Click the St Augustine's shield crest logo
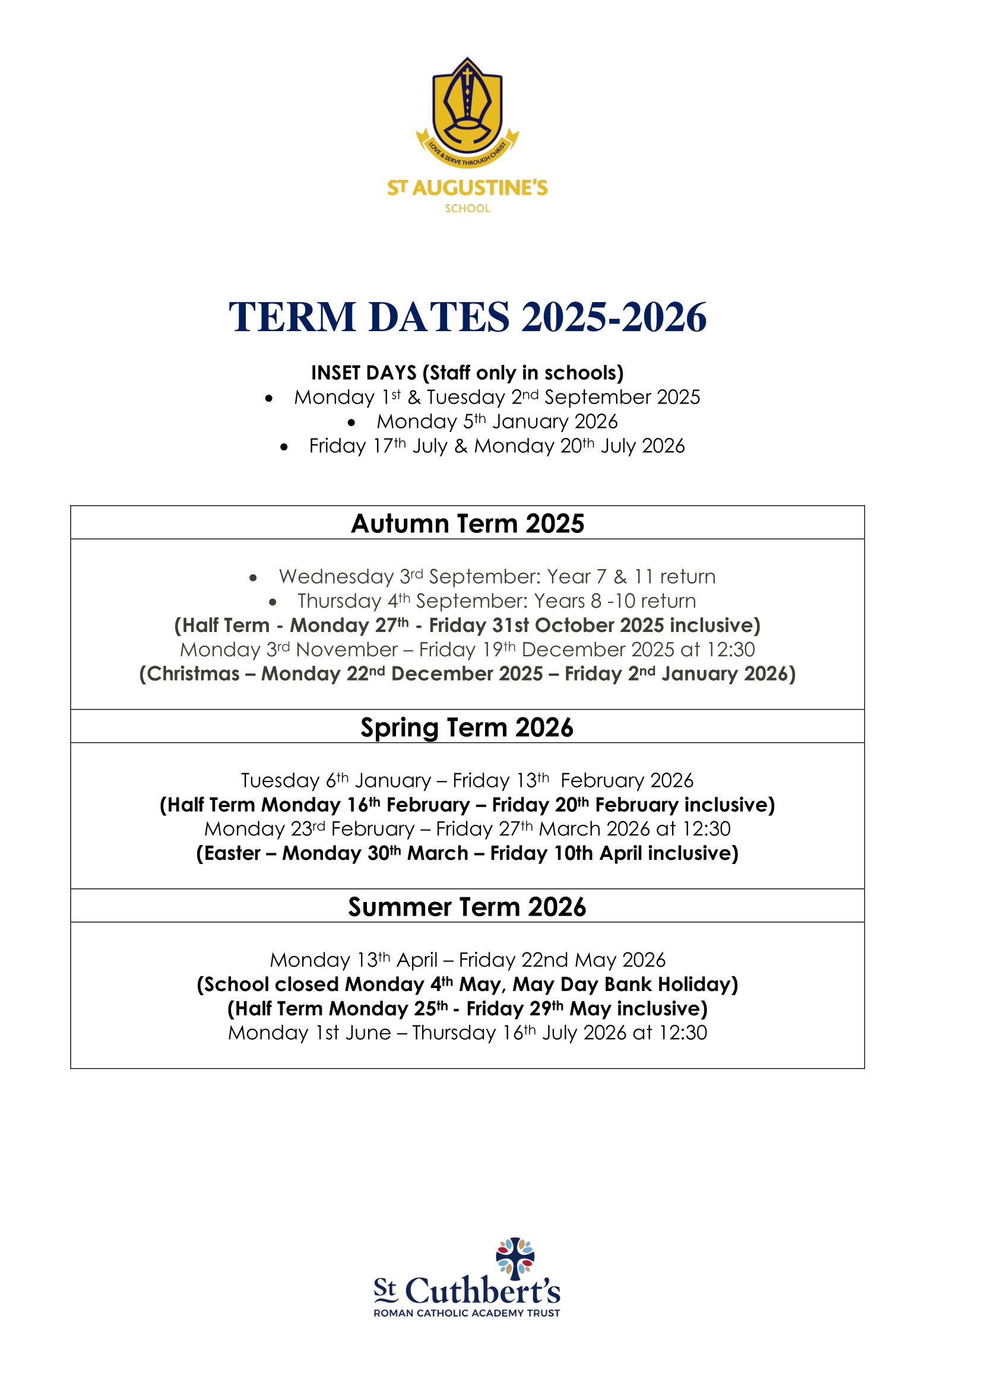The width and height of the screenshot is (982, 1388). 467,109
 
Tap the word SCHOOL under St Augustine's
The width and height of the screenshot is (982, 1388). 467,208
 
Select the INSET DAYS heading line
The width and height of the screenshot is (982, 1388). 467,373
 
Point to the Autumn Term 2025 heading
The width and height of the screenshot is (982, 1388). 467,523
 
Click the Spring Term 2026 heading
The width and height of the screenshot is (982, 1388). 467,728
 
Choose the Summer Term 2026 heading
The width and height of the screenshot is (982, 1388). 467,907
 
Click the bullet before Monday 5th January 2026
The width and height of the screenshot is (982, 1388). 351,423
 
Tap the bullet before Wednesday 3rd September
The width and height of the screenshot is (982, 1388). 254,578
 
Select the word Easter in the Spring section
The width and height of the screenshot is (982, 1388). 232,853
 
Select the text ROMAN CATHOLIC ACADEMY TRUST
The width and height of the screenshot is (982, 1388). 467,1313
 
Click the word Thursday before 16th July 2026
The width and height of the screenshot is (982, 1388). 454,1033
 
